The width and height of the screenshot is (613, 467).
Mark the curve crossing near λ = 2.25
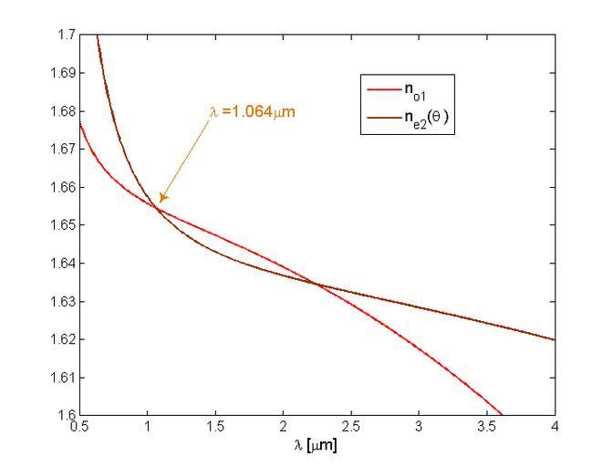point(317,284)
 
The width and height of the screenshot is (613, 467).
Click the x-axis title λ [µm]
point(317,447)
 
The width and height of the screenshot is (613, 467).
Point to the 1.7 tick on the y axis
point(65,35)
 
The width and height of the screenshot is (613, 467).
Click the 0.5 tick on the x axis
point(79,427)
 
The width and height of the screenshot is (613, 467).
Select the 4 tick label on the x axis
point(555,427)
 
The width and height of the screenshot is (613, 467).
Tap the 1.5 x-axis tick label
point(215,427)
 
